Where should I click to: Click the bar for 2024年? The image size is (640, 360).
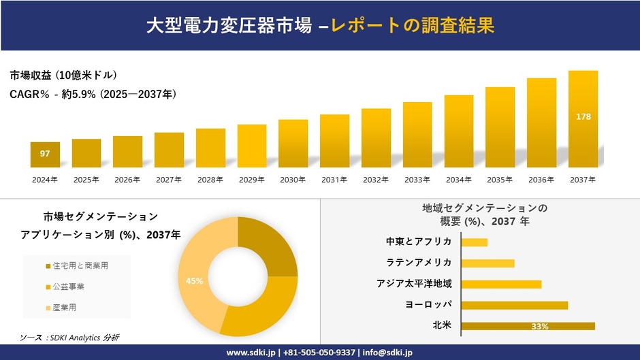pos(45,154)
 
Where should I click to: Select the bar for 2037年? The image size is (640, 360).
pos(583,119)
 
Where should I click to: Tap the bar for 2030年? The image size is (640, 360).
pos(293,144)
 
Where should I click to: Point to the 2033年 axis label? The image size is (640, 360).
pos(417,180)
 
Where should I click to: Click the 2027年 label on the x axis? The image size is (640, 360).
pos(169,180)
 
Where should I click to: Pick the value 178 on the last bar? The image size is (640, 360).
pos(583,117)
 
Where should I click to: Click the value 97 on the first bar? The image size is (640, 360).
pos(45,154)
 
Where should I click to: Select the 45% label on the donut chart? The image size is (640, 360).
pos(194,280)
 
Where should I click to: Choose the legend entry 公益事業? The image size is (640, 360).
pos(69,287)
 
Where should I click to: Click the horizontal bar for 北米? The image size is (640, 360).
pos(528,326)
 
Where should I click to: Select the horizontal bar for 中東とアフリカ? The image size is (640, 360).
pos(475,242)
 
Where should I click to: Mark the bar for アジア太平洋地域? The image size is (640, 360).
pos(501,284)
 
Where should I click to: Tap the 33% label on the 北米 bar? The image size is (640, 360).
pos(540,327)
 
